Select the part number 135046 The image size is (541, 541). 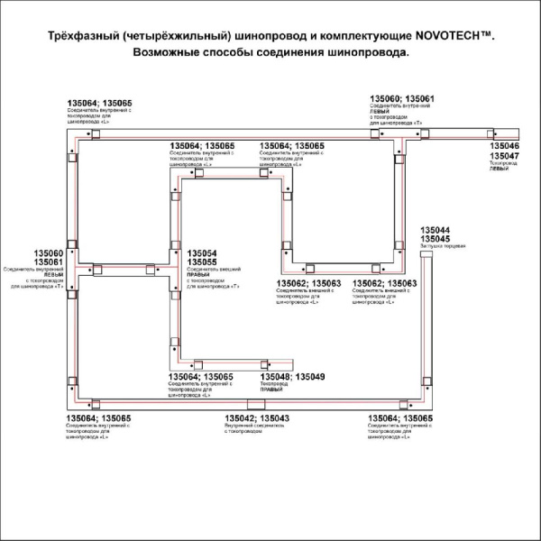click(x=504, y=146)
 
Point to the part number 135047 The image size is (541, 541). click(x=504, y=156)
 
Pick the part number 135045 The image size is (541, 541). click(x=436, y=239)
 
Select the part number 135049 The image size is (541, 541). click(x=310, y=376)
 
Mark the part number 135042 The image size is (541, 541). click(x=239, y=418)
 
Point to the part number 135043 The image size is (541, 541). click(x=274, y=418)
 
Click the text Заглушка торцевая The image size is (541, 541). click(x=442, y=246)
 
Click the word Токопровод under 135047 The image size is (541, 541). click(x=502, y=163)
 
